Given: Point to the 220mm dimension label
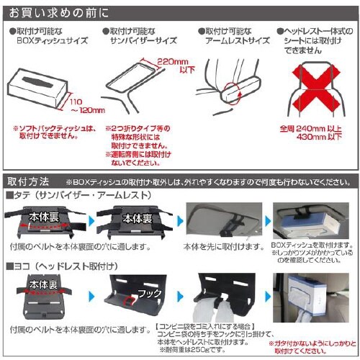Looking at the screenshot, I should (x=171, y=63).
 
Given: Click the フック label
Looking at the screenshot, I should (x=145, y=294).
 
